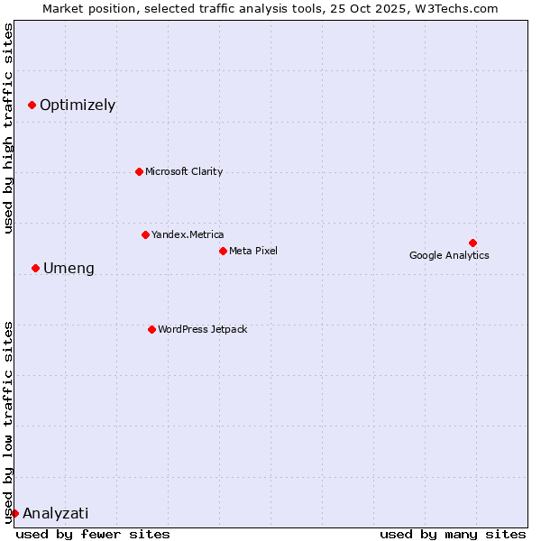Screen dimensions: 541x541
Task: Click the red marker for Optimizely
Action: pyautogui.click(x=32, y=105)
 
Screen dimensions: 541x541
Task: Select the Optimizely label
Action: pyautogui.click(x=78, y=105)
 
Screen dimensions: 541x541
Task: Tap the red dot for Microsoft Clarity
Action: pyautogui.click(x=139, y=171)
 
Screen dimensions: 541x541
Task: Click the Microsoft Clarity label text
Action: pyautogui.click(x=184, y=171)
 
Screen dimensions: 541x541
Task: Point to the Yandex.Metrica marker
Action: pyautogui.click(x=145, y=234)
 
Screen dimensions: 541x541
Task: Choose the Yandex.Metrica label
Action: pyautogui.click(x=188, y=234)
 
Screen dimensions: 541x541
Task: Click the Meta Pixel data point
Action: pyautogui.click(x=223, y=251)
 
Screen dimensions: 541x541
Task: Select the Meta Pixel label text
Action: pyautogui.click(x=253, y=251)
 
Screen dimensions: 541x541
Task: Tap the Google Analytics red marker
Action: pyautogui.click(x=472, y=243)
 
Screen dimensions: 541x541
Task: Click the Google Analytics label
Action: pyautogui.click(x=449, y=255)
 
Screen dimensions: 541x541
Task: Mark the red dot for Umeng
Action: pyautogui.click(x=35, y=268)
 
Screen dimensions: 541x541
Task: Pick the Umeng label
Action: pyautogui.click(x=69, y=269)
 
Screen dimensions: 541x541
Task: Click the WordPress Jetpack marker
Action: pyautogui.click(x=151, y=329)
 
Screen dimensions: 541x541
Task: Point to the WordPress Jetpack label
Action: pyautogui.click(x=202, y=329)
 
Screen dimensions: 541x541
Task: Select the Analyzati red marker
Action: pyautogui.click(x=14, y=513)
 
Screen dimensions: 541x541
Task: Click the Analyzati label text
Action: pyautogui.click(x=56, y=514)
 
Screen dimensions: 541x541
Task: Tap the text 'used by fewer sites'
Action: pyautogui.click(x=93, y=534)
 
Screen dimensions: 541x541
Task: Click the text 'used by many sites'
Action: pyautogui.click(x=453, y=534)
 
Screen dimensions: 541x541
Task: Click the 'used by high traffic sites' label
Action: pyautogui.click(x=9, y=128)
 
